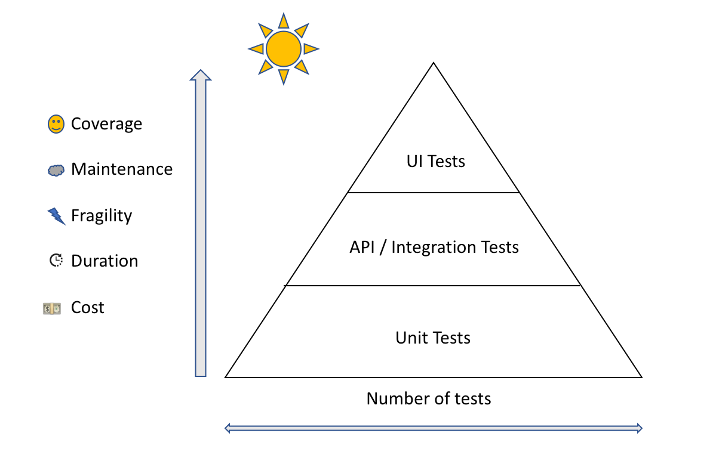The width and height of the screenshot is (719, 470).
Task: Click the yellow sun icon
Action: click(284, 50)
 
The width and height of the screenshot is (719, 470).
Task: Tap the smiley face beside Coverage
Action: click(56, 124)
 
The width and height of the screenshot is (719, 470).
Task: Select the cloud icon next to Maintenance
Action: click(56, 171)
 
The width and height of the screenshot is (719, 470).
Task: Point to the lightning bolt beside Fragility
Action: click(56, 216)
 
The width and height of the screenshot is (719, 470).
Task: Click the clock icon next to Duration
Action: click(56, 261)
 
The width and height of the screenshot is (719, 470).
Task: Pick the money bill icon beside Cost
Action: click(52, 308)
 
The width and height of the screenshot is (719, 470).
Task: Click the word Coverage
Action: click(106, 124)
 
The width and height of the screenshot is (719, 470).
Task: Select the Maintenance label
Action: click(122, 169)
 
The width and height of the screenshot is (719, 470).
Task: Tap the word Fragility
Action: click(102, 215)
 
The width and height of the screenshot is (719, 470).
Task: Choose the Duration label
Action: click(105, 261)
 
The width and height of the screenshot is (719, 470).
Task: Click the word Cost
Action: click(88, 308)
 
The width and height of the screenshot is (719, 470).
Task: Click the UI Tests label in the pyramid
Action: click(436, 161)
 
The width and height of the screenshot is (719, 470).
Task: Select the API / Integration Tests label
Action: click(434, 247)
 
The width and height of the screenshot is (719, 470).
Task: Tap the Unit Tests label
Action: click(433, 338)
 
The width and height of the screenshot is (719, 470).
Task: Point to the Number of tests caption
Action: click(429, 398)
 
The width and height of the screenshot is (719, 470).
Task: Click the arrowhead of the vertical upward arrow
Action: click(201, 75)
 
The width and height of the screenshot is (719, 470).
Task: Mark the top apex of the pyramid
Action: click(434, 63)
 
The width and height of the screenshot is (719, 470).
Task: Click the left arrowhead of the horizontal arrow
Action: click(228, 428)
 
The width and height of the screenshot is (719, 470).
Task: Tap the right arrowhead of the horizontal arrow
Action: click(639, 428)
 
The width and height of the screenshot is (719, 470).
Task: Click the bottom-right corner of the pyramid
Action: click(641, 377)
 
